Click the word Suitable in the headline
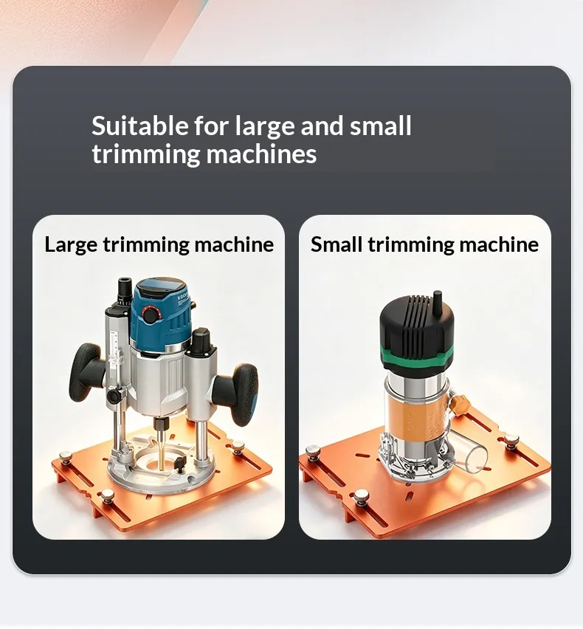140,126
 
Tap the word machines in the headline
261,154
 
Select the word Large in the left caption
71,244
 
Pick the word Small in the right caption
337,244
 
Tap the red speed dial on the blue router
150,315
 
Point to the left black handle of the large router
86,372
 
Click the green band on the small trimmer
417,354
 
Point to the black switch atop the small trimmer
437,302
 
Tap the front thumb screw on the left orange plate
108,496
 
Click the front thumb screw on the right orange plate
362,497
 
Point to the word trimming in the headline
145,155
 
